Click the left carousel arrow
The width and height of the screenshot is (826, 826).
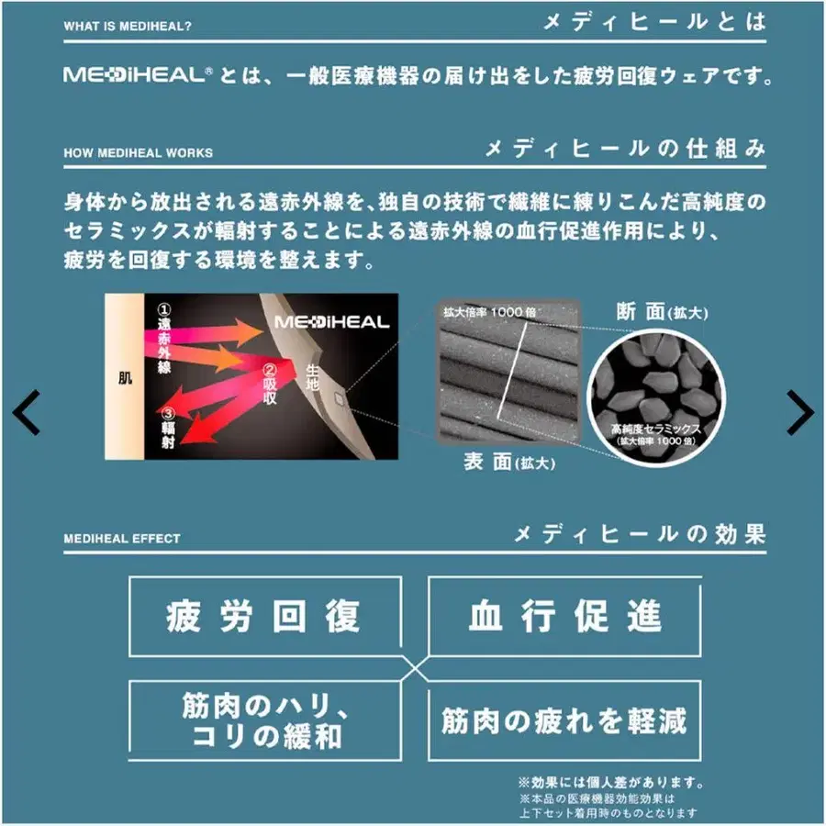click(27, 413)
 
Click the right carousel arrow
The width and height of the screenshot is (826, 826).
click(799, 413)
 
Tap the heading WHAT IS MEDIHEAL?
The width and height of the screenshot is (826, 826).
click(128, 26)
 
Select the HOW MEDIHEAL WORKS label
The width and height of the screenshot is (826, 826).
click(138, 152)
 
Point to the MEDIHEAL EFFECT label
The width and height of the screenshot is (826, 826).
click(122, 539)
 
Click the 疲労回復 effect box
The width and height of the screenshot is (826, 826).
click(264, 616)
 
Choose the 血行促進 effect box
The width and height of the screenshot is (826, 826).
click(564, 616)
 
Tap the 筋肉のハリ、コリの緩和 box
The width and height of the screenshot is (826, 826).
click(264, 720)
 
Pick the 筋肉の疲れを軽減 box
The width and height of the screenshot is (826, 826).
click(564, 720)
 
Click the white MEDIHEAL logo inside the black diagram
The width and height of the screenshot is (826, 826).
click(331, 322)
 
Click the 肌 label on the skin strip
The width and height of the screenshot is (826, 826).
click(125, 376)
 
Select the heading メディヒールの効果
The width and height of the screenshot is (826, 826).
click(639, 534)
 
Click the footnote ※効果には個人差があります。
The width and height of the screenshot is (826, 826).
click(610, 783)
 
